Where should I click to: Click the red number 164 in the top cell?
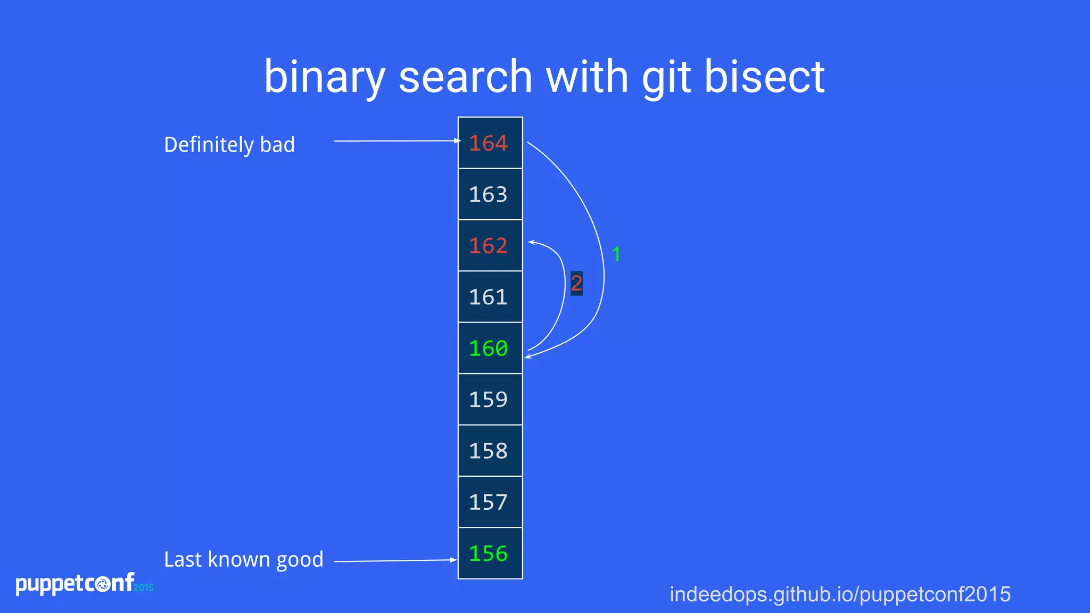click(x=488, y=143)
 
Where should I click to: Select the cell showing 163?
click(x=490, y=194)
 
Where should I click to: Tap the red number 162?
click(x=488, y=246)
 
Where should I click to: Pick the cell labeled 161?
click(x=490, y=297)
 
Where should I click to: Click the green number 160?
click(x=488, y=349)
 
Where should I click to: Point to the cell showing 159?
click(x=490, y=400)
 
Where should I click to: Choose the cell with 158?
click(x=490, y=451)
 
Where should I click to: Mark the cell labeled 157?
click(x=490, y=502)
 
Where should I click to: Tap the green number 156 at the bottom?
click(x=488, y=554)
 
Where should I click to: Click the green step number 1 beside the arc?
click(x=616, y=254)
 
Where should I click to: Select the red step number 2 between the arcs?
click(x=576, y=283)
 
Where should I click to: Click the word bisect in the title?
click(x=764, y=77)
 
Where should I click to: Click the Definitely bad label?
click(x=229, y=145)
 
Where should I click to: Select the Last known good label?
click(x=244, y=560)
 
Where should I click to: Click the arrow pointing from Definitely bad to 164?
click(x=397, y=141)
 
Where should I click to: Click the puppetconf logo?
click(x=83, y=584)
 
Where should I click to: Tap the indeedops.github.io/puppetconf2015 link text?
click(x=840, y=594)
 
